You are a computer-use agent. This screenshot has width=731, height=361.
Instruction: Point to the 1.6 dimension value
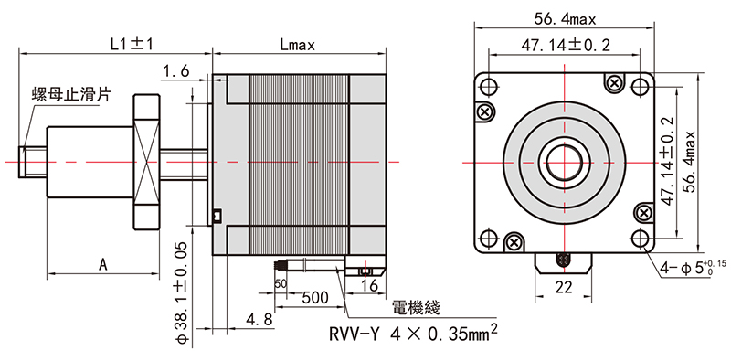(x=175, y=71)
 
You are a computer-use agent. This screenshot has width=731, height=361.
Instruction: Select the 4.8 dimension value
(x=259, y=319)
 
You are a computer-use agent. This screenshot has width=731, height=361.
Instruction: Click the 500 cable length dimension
(x=314, y=298)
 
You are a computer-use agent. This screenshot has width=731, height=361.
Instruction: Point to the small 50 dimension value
(x=281, y=284)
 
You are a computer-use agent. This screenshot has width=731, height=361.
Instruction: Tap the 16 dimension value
(x=369, y=285)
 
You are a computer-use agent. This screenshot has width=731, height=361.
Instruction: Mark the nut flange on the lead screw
(x=147, y=161)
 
